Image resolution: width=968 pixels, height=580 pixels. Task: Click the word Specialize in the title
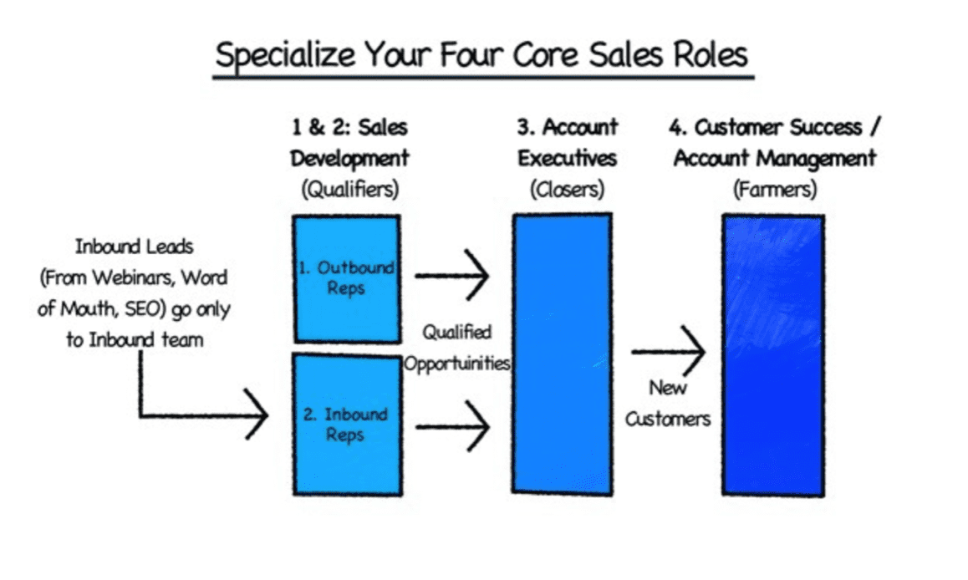pyautogui.click(x=285, y=56)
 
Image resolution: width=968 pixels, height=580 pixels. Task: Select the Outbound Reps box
pyautogui.click(x=348, y=279)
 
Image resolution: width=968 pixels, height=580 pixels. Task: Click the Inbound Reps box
pyautogui.click(x=348, y=425)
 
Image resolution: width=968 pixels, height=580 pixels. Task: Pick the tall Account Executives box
pyautogui.click(x=563, y=354)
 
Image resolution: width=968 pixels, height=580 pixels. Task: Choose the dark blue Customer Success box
pyautogui.click(x=773, y=355)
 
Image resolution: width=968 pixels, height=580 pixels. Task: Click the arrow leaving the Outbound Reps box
pyautogui.click(x=452, y=275)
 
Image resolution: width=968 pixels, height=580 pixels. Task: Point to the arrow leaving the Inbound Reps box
pyautogui.click(x=453, y=426)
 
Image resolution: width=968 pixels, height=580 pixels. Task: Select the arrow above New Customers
pyautogui.click(x=669, y=352)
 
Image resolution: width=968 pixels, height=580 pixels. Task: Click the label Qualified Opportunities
pyautogui.click(x=457, y=348)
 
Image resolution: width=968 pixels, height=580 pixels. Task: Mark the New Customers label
pyautogui.click(x=668, y=404)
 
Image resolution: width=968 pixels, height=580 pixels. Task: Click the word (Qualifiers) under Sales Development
pyautogui.click(x=350, y=189)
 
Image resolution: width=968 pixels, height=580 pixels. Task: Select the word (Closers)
pyautogui.click(x=568, y=189)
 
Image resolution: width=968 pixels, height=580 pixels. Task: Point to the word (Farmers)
pyautogui.click(x=775, y=189)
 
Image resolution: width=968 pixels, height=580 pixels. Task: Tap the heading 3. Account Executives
pyautogui.click(x=568, y=143)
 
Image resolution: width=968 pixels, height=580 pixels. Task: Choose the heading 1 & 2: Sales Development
pyautogui.click(x=350, y=143)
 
